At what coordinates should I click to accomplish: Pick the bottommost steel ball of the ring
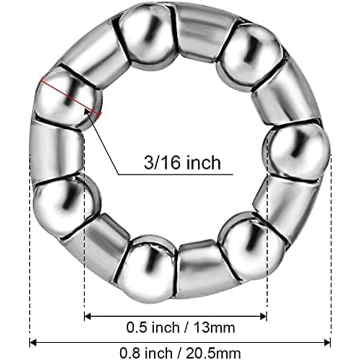(x=147, y=269)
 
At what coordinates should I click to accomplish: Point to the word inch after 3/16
(x=203, y=163)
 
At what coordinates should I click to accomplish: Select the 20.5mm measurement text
(x=213, y=353)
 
